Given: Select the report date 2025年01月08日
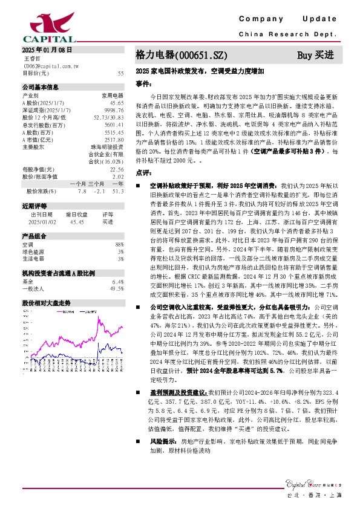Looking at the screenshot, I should tap(47, 50).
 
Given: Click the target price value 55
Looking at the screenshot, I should tap(121, 73).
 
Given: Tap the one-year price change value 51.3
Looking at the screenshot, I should tap(118, 191).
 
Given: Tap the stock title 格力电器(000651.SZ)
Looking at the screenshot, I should tap(181, 55).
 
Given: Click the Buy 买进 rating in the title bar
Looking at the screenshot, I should tap(315, 55).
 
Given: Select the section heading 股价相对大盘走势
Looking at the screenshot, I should tap(47, 302).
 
